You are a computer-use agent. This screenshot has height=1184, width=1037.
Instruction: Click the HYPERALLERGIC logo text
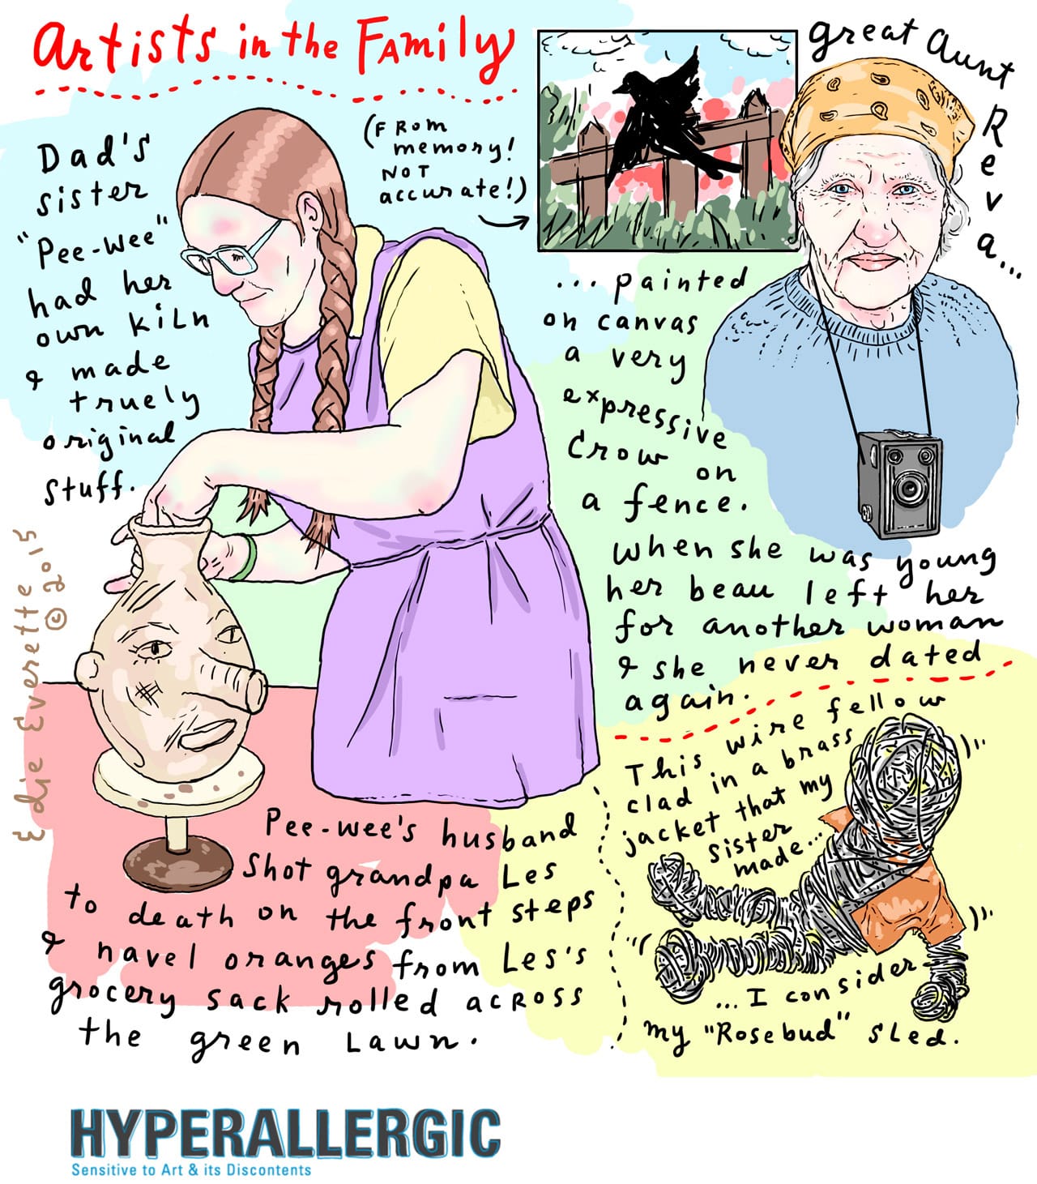click(x=285, y=1134)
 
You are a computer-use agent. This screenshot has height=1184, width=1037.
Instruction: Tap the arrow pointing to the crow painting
click(x=503, y=219)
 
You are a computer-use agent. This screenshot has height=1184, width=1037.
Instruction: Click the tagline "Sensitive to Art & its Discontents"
click(x=191, y=1169)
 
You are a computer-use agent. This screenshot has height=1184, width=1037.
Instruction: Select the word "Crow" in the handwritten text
click(x=616, y=450)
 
